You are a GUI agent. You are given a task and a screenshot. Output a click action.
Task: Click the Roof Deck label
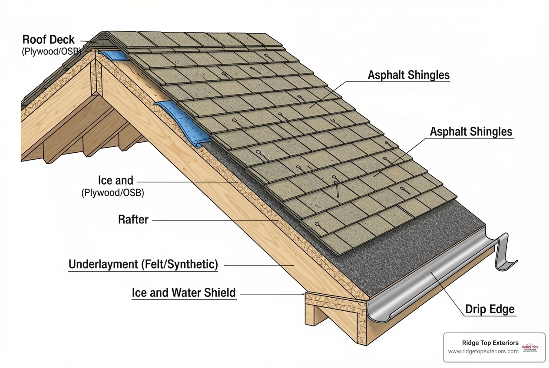(49, 39)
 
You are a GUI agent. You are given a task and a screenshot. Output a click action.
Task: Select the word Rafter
(133, 220)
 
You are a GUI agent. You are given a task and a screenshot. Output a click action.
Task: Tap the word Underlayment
(103, 264)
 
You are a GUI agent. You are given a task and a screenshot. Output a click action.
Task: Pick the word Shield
(220, 293)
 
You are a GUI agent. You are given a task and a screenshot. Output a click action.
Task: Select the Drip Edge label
(490, 309)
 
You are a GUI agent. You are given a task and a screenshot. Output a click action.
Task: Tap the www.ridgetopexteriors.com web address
(483, 351)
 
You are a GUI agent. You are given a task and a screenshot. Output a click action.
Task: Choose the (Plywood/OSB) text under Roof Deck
(51, 52)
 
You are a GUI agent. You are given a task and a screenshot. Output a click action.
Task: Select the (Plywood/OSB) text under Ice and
(112, 193)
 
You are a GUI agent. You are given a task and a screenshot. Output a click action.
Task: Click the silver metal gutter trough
(430, 278)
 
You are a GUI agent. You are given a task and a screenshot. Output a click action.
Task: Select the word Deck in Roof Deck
(63, 39)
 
